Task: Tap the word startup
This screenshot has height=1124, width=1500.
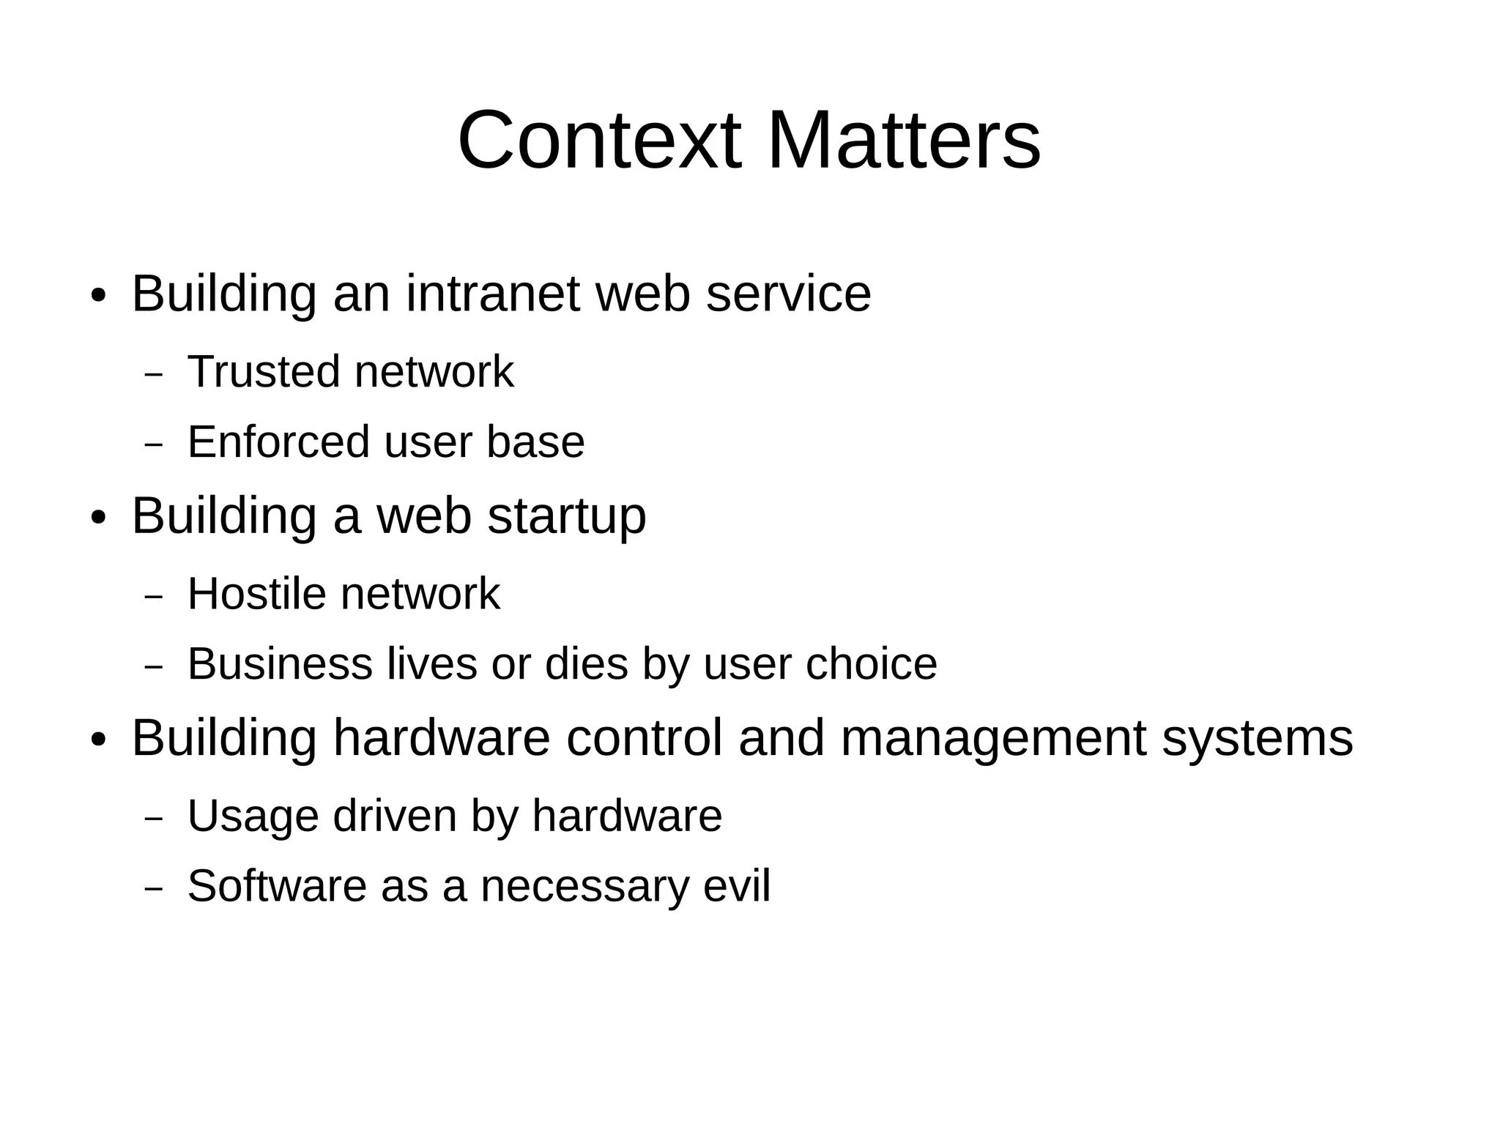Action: (x=566, y=516)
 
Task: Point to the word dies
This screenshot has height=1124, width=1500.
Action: (x=586, y=663)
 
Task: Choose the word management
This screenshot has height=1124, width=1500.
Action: (x=993, y=740)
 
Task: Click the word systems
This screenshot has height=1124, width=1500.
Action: (x=1258, y=740)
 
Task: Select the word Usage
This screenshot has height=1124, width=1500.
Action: (x=253, y=816)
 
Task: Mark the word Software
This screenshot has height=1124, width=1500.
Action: (x=277, y=886)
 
